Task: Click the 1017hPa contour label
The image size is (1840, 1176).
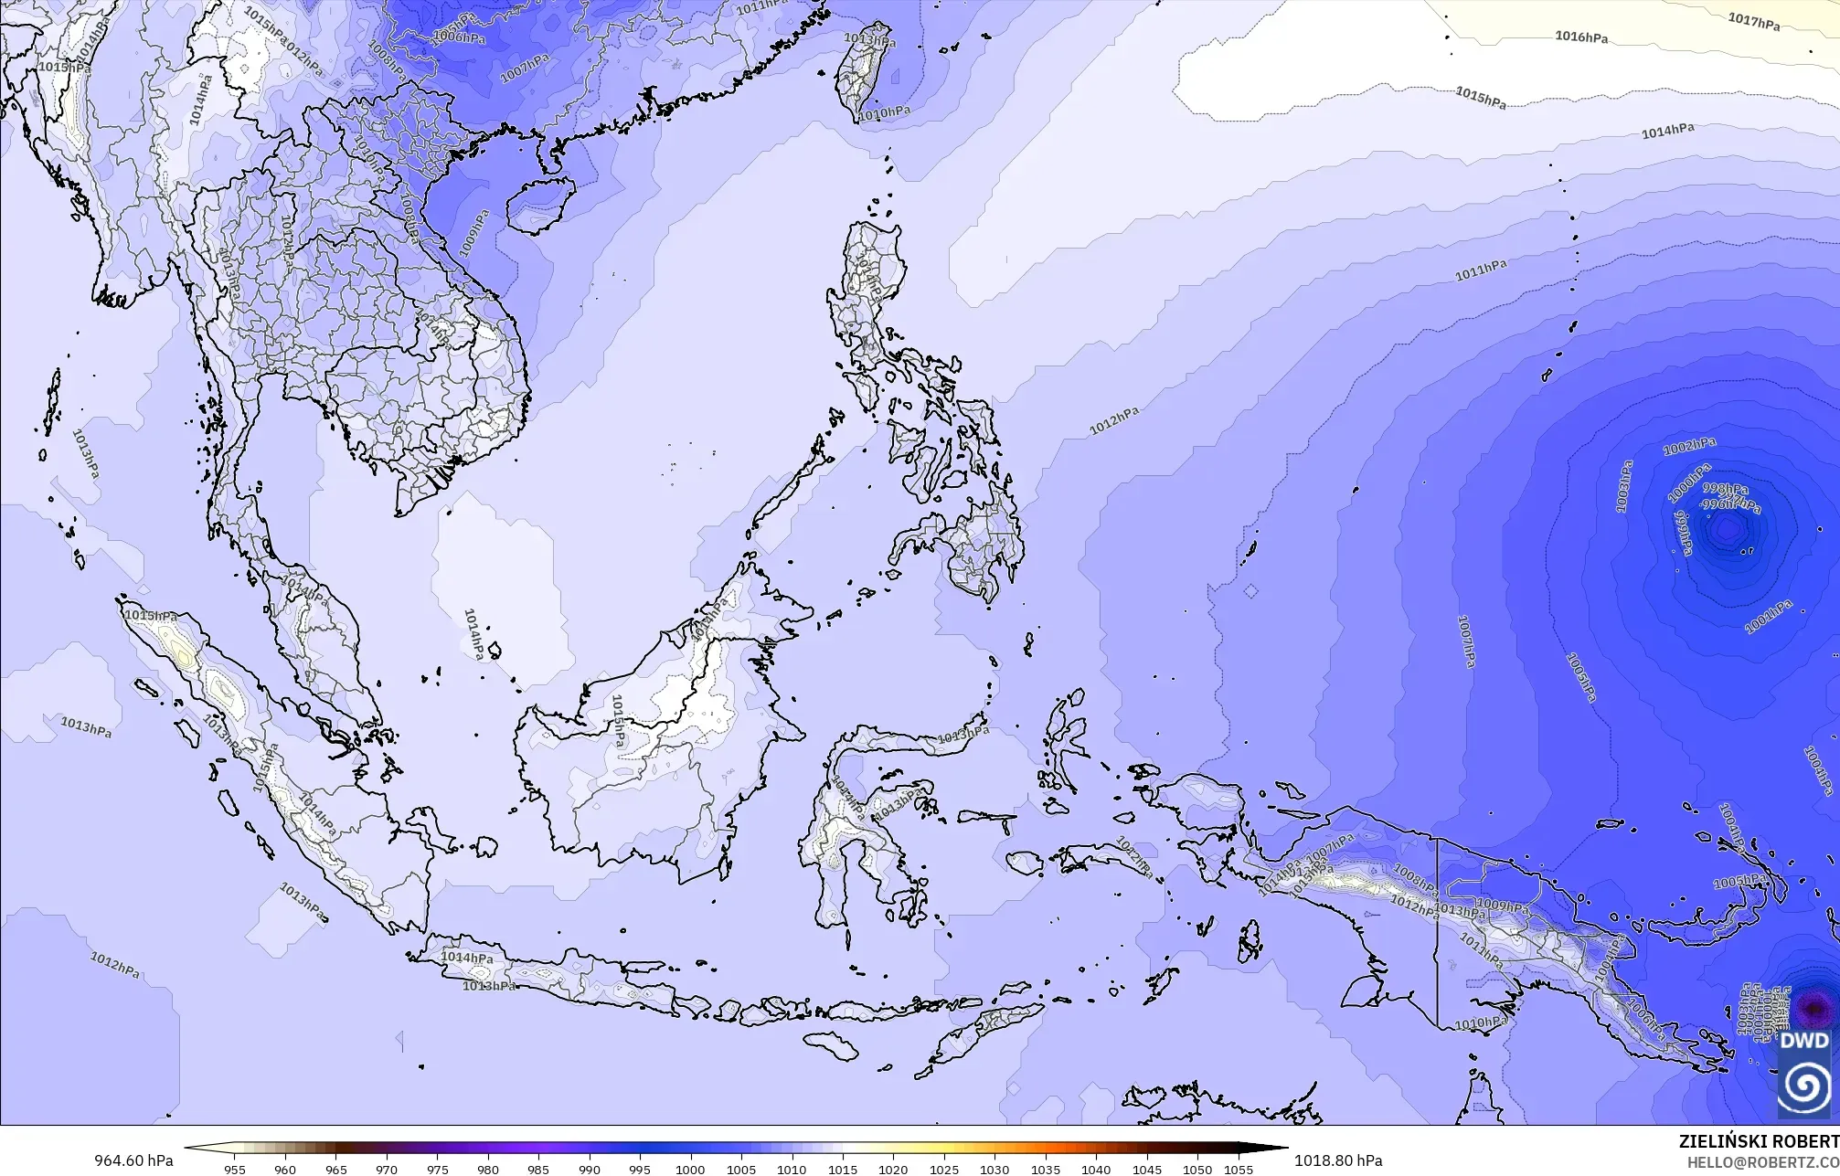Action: pos(1753,21)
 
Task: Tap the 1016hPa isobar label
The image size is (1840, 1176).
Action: pos(1581,37)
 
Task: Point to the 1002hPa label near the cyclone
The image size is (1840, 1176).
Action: pos(1688,447)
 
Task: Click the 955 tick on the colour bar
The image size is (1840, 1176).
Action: pos(235,1169)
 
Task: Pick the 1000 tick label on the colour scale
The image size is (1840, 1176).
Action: pos(690,1169)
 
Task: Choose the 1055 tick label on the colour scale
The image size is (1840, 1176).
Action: pos(1239,1169)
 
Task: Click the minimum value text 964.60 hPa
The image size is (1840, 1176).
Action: pos(133,1160)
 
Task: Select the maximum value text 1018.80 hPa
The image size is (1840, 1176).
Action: pos(1338,1160)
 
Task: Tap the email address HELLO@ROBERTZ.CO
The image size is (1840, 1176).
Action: pos(1762,1162)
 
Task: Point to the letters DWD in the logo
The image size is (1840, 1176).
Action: pos(1804,1041)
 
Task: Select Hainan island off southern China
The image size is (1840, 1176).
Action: pos(539,204)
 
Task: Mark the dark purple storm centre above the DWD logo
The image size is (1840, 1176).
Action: pos(1813,1009)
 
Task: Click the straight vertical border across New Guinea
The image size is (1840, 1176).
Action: pos(1437,932)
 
